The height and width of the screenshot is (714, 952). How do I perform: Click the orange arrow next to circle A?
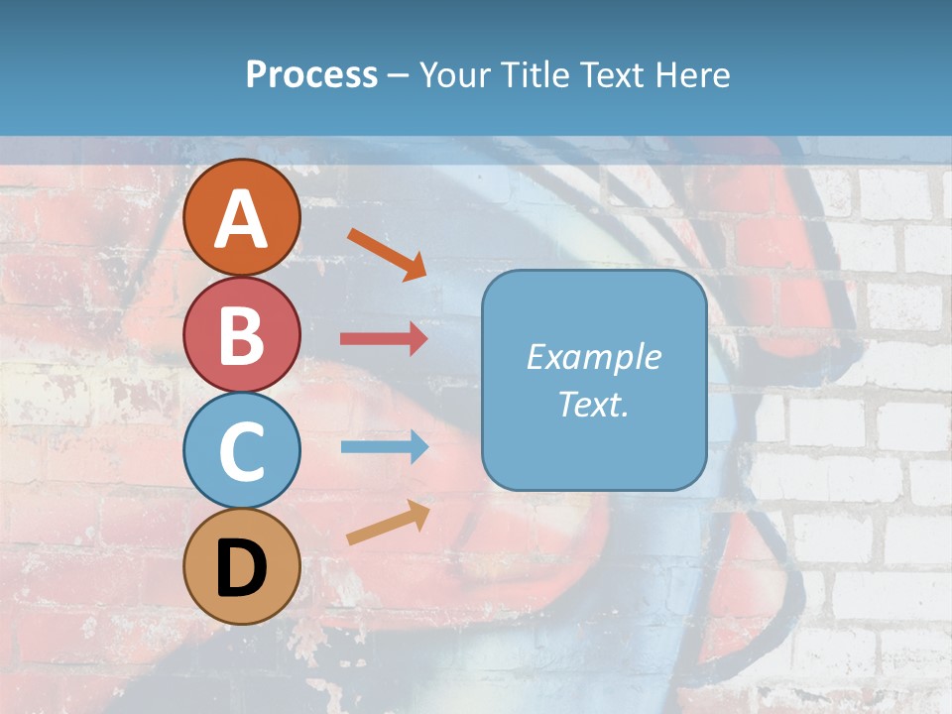coord(387,253)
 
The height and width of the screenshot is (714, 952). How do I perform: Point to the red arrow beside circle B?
coord(384,339)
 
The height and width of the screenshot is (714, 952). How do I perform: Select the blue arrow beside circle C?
coord(384,447)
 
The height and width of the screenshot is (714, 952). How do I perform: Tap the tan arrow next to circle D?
coord(388,523)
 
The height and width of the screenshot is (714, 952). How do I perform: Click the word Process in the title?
coord(311,75)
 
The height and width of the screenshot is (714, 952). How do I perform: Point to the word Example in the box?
coord(593,357)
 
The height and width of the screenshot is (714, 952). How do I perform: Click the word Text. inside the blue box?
coord(593,405)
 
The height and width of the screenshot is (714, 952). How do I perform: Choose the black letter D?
coord(241,569)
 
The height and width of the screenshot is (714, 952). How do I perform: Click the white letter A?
coord(241,220)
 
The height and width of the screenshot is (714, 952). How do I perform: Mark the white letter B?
coord(241,335)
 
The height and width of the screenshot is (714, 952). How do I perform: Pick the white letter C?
coord(241,451)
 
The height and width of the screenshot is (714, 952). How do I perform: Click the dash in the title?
coord(398,76)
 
